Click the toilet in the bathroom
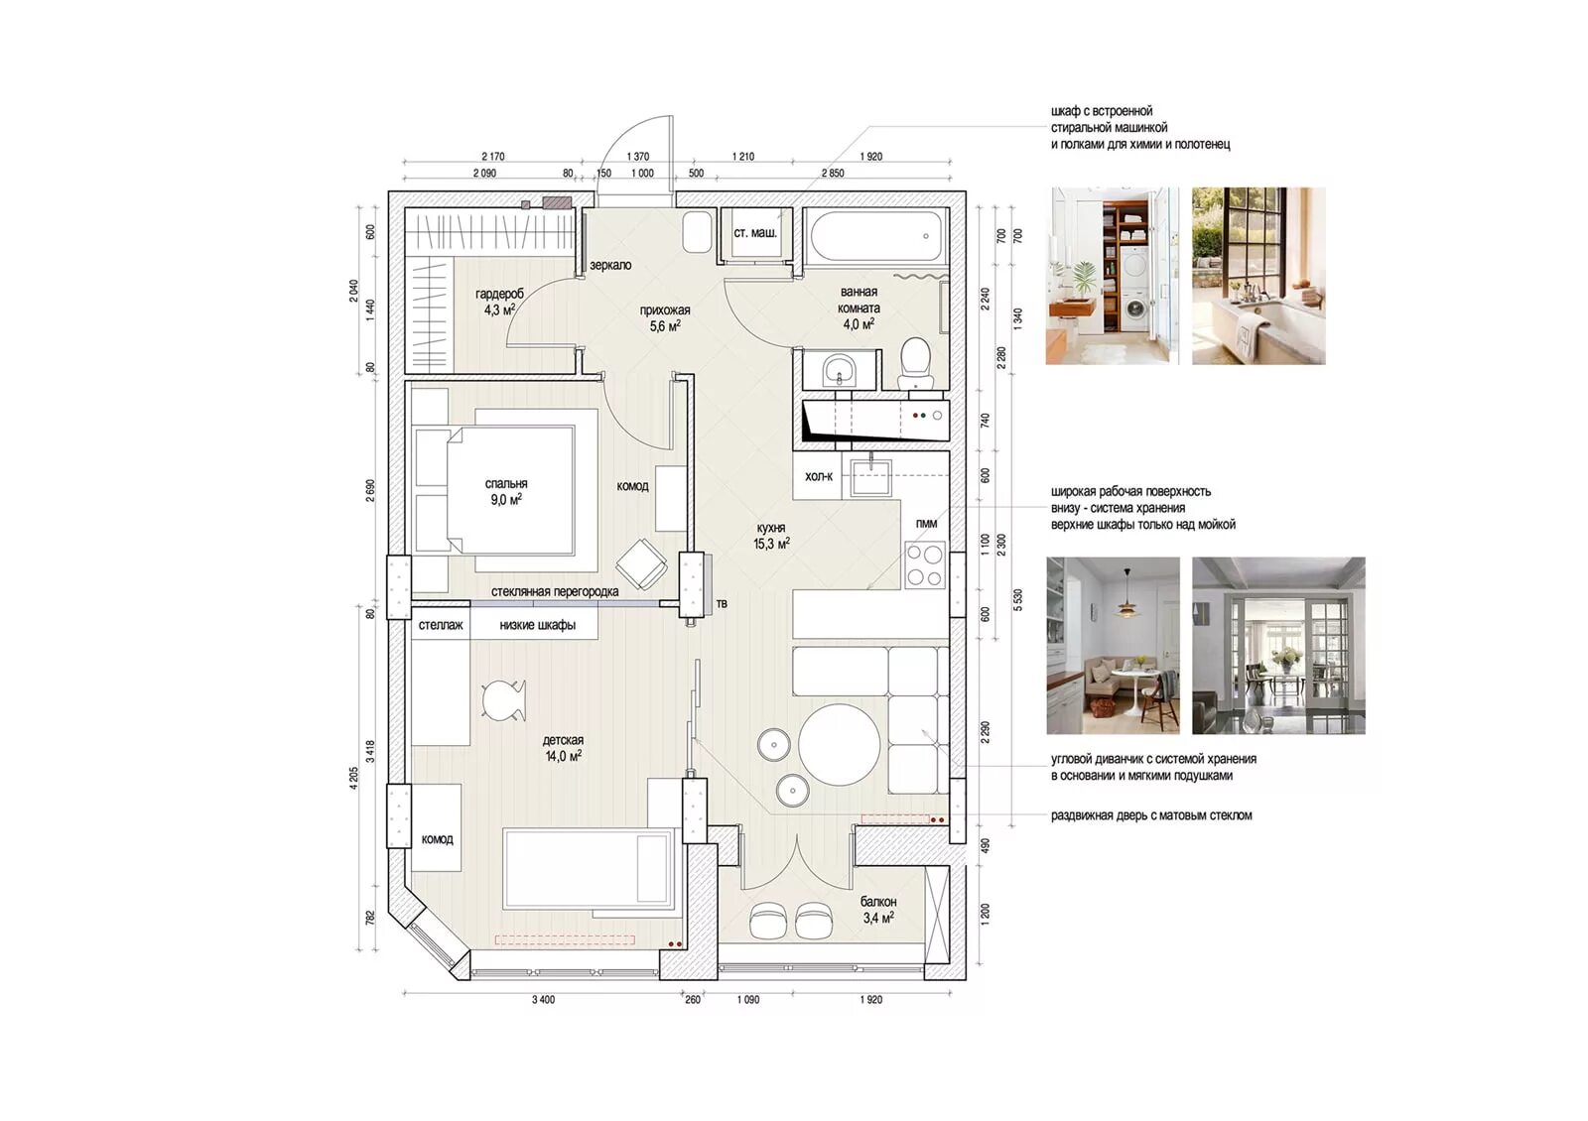(x=917, y=362)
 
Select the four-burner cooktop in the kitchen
(x=924, y=564)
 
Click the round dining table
(x=840, y=743)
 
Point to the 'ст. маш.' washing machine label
(x=755, y=232)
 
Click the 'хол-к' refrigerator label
(x=819, y=477)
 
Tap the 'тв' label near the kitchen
(x=722, y=604)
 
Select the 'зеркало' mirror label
(x=610, y=265)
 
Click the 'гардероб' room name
(x=500, y=294)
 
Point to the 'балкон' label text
(x=878, y=902)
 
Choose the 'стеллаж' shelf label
(x=441, y=625)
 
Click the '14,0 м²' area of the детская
(x=564, y=756)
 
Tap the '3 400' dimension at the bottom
(x=543, y=1000)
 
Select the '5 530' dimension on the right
(x=1018, y=599)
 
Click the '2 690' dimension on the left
(x=370, y=490)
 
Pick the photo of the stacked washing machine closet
(x=1113, y=276)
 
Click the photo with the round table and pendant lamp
(x=1113, y=645)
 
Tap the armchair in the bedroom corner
(x=641, y=563)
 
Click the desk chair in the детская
(x=504, y=700)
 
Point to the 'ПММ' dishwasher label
(x=926, y=524)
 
